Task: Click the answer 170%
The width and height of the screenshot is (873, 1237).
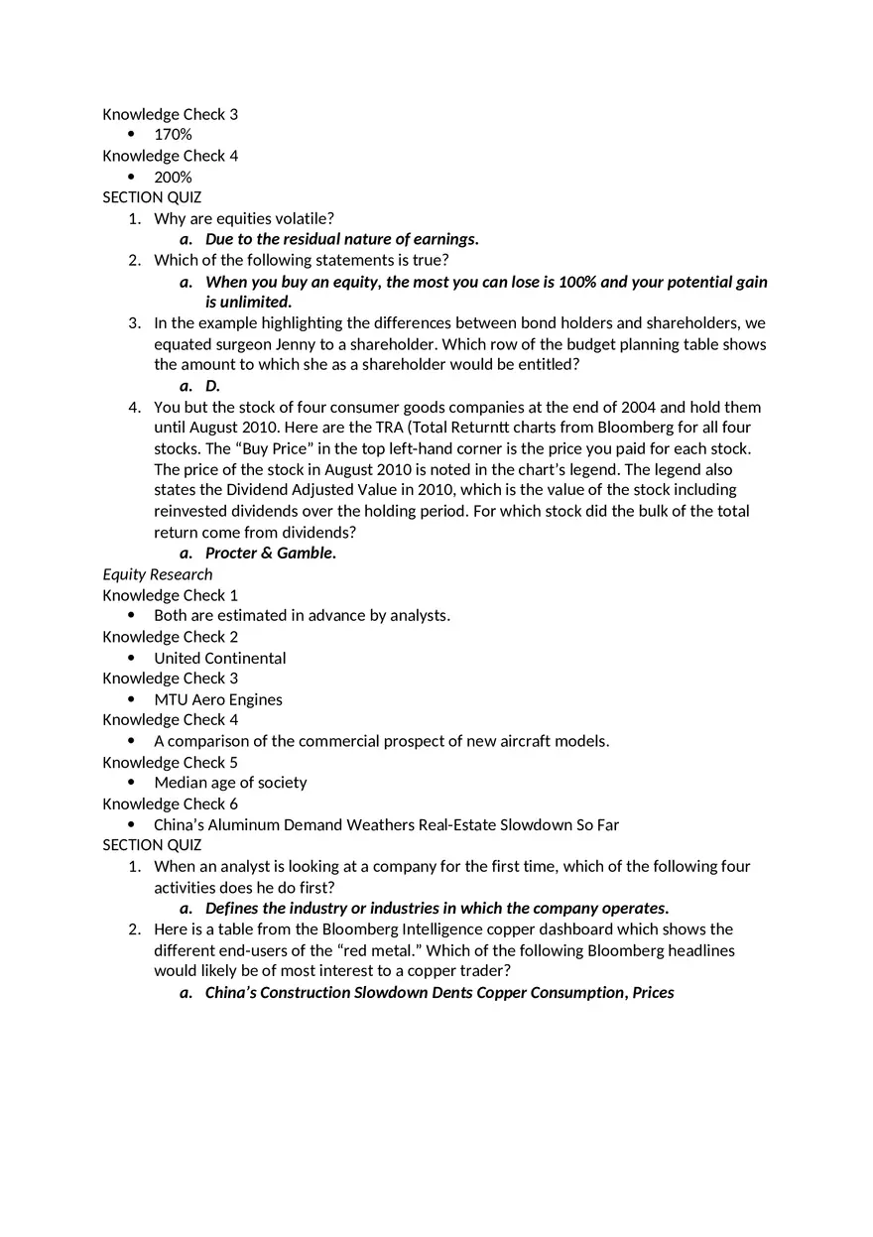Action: (173, 135)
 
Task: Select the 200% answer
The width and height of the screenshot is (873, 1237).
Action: (173, 178)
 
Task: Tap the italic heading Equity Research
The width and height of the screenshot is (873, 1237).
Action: (157, 574)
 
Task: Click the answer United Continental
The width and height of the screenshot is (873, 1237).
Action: (219, 659)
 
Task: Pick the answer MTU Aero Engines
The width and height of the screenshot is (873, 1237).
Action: (217, 700)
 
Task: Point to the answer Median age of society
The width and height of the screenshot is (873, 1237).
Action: (230, 783)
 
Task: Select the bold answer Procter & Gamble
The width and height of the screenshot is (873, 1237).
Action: (270, 554)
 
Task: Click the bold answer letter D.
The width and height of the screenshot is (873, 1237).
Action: (212, 386)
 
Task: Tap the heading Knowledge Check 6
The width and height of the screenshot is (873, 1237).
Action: (170, 804)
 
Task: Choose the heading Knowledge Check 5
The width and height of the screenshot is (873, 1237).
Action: (170, 763)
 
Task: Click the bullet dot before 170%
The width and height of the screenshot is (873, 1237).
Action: (131, 135)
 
